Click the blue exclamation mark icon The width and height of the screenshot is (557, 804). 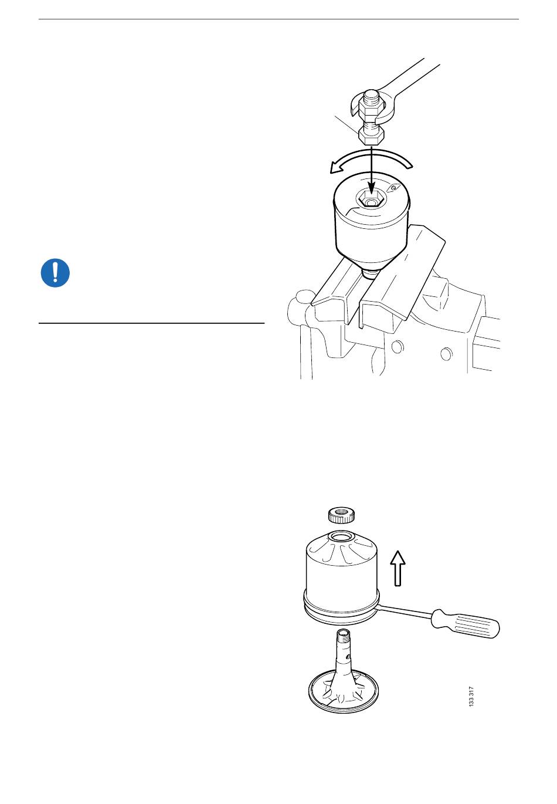point(55,273)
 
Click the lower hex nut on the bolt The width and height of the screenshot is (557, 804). point(372,136)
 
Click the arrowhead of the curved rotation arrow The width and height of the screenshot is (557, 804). point(337,168)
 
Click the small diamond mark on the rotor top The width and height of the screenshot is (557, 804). point(393,187)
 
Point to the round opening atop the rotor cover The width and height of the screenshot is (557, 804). point(341,538)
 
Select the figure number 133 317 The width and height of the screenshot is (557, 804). point(471,697)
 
